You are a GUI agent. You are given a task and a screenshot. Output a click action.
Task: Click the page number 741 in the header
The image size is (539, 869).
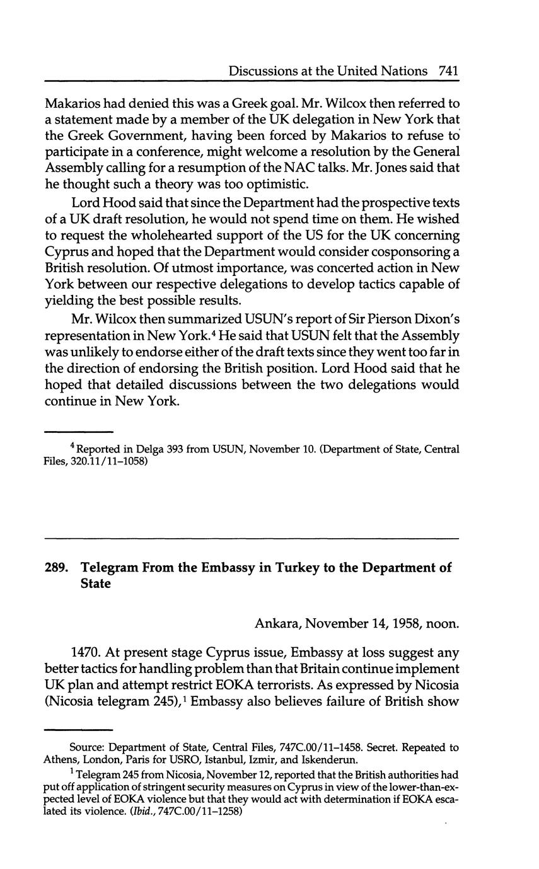447,71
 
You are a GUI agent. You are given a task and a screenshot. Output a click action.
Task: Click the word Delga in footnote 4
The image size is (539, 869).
149,449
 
